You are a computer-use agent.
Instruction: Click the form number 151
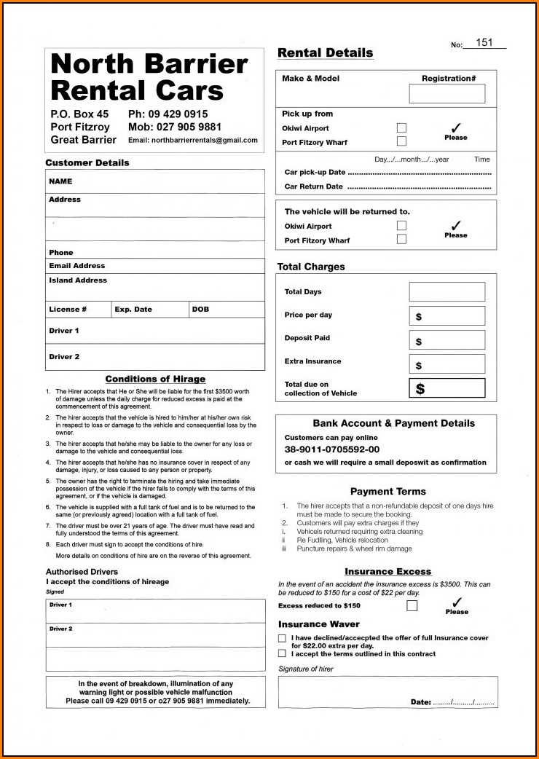click(484, 43)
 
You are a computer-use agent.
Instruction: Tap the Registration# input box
click(446, 93)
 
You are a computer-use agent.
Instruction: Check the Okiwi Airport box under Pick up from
click(401, 128)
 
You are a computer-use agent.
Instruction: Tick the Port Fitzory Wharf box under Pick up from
click(401, 141)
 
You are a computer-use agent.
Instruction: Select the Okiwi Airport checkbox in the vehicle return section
click(401, 226)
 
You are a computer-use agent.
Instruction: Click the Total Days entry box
click(446, 291)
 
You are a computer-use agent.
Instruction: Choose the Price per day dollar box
click(446, 316)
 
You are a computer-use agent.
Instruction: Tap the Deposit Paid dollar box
click(446, 340)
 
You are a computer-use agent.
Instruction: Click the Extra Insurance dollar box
click(446, 364)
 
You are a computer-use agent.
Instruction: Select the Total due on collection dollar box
click(446, 388)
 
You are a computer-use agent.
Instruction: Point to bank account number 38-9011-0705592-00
click(331, 449)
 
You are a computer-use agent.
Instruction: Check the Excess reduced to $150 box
click(412, 605)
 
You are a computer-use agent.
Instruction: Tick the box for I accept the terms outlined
click(282, 653)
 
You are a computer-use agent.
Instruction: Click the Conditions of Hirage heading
click(155, 379)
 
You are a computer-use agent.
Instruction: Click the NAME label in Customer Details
click(60, 181)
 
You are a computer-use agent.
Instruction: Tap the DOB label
click(200, 310)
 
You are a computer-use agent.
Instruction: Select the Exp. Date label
click(133, 310)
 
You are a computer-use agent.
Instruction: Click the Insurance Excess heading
click(387, 572)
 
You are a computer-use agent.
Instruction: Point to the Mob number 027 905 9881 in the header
click(175, 127)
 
